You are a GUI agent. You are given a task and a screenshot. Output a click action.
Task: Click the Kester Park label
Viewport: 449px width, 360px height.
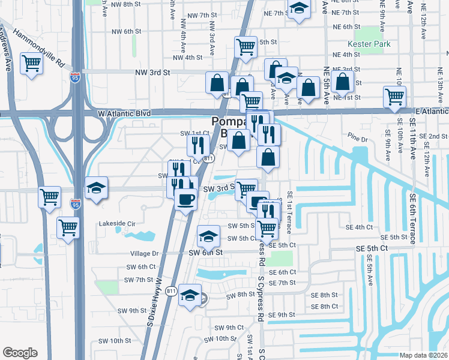(369, 44)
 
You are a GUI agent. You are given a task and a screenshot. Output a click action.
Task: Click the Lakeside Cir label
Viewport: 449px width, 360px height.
(118, 223)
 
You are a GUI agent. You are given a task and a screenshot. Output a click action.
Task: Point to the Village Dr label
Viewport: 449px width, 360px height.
(142, 254)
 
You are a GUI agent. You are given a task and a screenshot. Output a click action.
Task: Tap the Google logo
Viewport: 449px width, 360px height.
(20, 353)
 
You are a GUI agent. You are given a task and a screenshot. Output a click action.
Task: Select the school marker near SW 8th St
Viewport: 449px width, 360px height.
(190, 296)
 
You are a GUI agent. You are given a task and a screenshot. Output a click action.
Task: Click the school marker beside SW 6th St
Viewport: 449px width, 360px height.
(208, 237)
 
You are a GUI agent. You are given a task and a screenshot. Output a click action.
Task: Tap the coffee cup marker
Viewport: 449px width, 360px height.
(185, 198)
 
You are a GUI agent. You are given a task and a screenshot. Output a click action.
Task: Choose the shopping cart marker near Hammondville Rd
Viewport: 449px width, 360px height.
(31, 63)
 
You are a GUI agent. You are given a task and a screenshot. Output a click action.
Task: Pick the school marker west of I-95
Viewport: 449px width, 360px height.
(96, 188)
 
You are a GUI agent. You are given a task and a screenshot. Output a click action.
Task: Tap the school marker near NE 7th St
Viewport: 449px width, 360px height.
(298, 9)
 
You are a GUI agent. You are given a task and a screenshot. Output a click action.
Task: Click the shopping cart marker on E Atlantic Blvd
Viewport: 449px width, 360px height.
(394, 97)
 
